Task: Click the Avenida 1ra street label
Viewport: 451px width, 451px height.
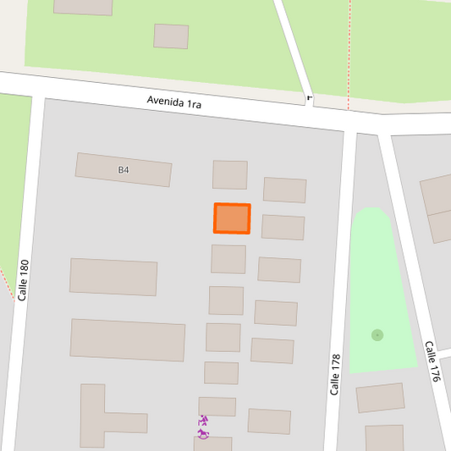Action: (x=173, y=102)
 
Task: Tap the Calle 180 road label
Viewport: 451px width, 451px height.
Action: (x=24, y=280)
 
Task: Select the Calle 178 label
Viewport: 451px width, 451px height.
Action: (x=335, y=374)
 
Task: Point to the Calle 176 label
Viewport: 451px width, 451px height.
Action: (x=432, y=362)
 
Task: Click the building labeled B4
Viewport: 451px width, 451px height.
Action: (x=124, y=169)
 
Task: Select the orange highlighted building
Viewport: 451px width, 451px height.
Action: (x=232, y=218)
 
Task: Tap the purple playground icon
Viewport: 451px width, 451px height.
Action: (x=203, y=427)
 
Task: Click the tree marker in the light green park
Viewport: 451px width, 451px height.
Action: (x=377, y=335)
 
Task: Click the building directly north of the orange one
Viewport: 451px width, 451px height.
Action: (x=229, y=174)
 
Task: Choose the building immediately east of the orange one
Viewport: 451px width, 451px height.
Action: (x=283, y=227)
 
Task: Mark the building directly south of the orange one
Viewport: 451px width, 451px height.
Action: (x=228, y=259)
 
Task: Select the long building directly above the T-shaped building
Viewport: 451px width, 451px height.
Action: (x=128, y=339)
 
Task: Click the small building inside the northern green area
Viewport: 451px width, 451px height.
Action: (x=171, y=36)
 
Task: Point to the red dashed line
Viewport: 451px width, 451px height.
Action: (x=349, y=51)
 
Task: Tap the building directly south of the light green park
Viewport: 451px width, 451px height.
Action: (x=380, y=397)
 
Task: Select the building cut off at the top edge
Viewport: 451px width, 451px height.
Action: (x=83, y=7)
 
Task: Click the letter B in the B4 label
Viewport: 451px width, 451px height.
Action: (x=121, y=169)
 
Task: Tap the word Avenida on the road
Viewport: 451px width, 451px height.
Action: (x=165, y=101)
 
